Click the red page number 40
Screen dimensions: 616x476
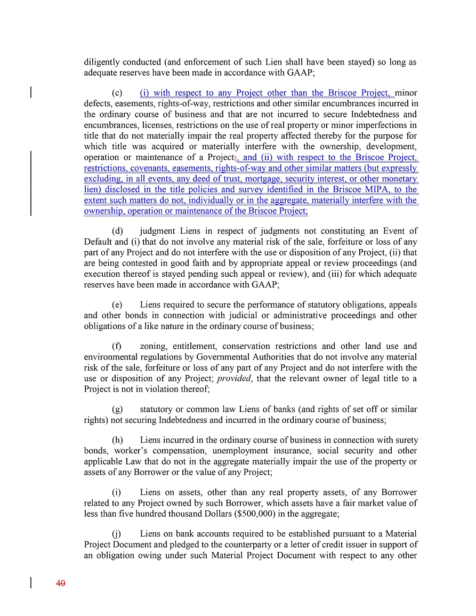60,583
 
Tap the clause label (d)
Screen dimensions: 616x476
117,231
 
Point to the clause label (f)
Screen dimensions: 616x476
117,347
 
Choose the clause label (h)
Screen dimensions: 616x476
117,441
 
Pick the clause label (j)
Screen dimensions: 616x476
117,534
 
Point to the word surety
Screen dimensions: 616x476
405,441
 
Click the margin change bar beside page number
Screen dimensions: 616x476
31,583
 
